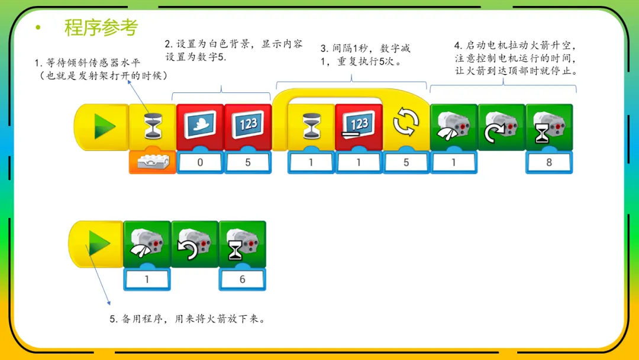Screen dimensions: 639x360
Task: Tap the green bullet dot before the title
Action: (x=38, y=27)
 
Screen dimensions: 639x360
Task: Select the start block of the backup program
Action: (x=97, y=243)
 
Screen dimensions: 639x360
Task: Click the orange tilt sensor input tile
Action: (x=152, y=162)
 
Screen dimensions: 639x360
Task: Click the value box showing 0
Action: (x=200, y=162)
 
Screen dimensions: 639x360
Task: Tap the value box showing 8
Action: (x=549, y=162)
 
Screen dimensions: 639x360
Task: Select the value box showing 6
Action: (x=242, y=279)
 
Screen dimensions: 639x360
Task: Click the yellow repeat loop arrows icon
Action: (x=406, y=124)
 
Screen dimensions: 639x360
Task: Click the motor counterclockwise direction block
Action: (x=195, y=243)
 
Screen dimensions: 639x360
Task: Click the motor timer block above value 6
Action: (x=242, y=243)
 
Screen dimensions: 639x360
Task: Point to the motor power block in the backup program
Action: (x=147, y=243)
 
